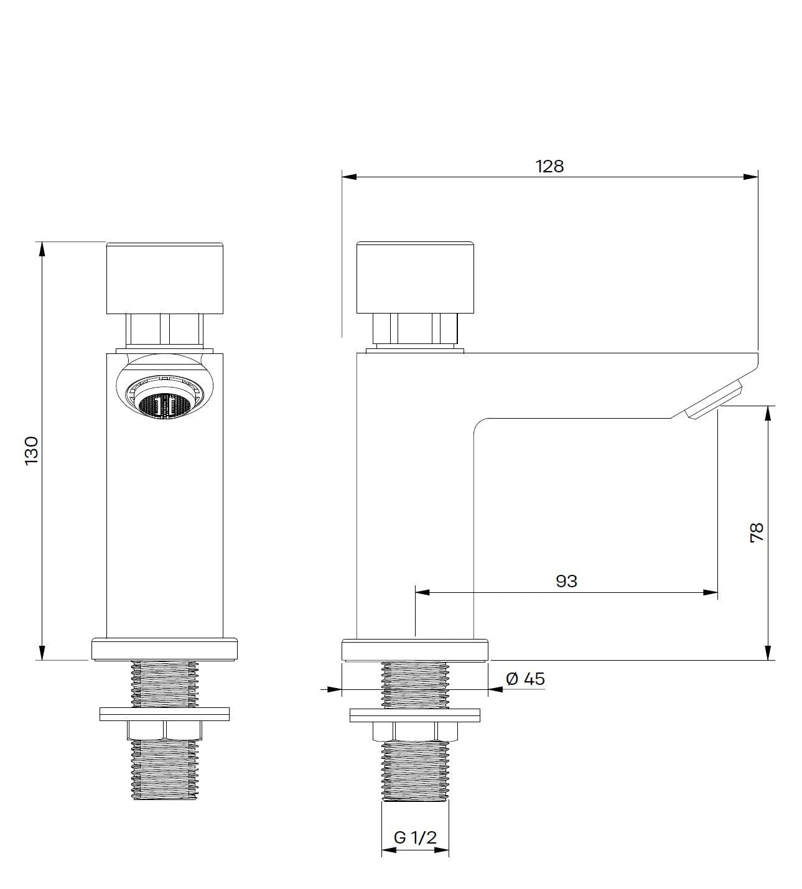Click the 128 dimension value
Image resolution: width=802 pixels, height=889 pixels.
(x=549, y=167)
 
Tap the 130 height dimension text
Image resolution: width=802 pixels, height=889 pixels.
(x=32, y=450)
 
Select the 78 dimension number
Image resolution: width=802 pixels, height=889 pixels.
(x=757, y=533)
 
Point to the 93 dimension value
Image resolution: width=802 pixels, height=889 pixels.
(x=567, y=581)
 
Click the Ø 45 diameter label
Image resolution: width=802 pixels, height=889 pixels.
(x=525, y=679)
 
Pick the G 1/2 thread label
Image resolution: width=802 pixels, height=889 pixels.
(x=416, y=837)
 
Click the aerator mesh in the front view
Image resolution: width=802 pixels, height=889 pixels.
(x=164, y=406)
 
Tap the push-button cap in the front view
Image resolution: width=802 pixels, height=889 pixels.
(x=164, y=278)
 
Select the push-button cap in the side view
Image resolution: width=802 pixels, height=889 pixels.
(x=416, y=277)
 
